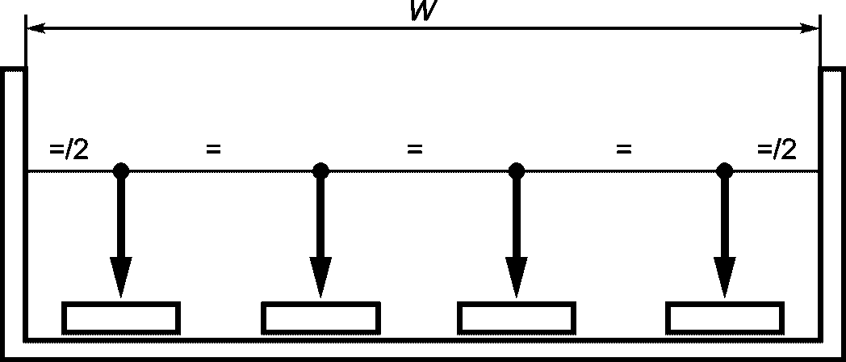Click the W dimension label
tap(424, 11)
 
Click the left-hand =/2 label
tap(69, 149)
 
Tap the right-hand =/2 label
tap(777, 149)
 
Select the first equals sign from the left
tap(213, 149)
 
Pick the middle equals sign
tap(414, 149)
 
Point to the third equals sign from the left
tap(624, 149)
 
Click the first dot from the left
tap(121, 170)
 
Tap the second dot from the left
tap(320, 170)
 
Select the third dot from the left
tap(517, 170)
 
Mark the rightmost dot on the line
tap(725, 170)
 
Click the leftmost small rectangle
tap(121, 304)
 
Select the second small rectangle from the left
tap(320, 304)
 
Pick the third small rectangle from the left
tap(517, 304)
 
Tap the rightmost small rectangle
tap(725, 304)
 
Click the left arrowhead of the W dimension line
tap(36, 28)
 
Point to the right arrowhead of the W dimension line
tap(810, 28)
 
